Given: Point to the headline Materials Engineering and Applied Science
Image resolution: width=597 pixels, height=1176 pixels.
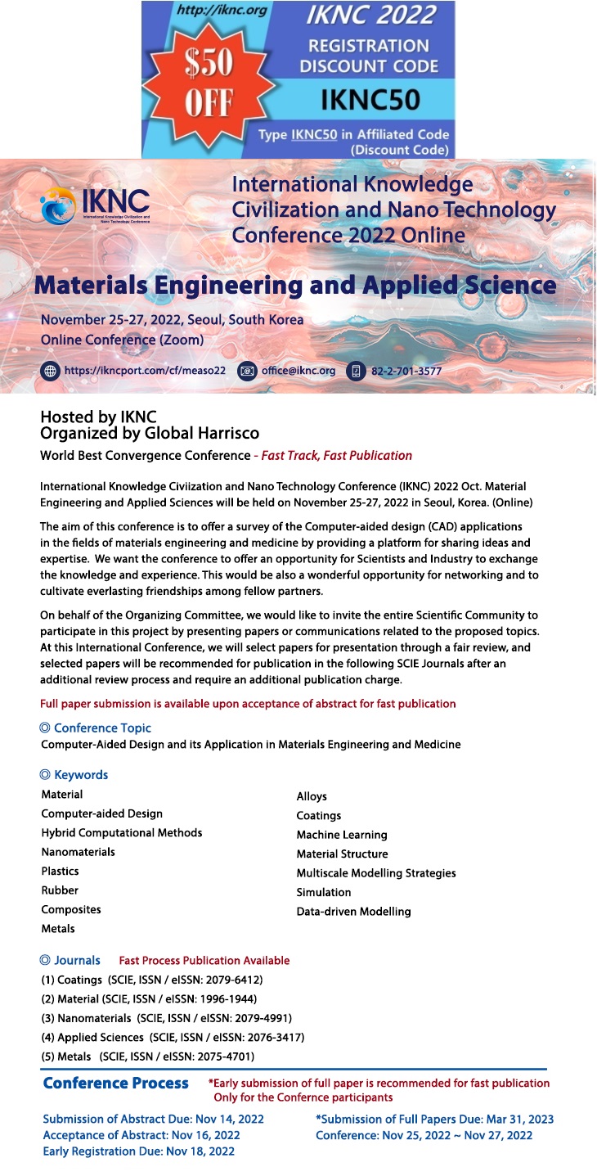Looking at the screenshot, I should pos(295,286).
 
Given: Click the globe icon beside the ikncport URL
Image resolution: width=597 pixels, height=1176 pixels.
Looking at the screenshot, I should pos(51,371).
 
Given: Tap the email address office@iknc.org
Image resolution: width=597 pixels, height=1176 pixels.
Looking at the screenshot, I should pos(298,371).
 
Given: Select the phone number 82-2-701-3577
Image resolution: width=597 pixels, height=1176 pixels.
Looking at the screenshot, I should pos(406,371).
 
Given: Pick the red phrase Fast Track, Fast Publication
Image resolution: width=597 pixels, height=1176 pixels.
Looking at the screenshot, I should pos(336,455).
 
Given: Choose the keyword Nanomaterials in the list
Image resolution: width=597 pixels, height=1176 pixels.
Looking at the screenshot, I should pos(78,852).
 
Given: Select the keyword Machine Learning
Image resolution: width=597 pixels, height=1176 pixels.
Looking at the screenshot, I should pos(342,835).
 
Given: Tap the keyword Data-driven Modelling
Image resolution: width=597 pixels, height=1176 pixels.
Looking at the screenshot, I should pos(353,911).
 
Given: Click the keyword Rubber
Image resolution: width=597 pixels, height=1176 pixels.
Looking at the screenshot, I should pos(60,890).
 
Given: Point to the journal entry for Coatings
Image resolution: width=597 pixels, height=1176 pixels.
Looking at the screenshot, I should pos(151,980).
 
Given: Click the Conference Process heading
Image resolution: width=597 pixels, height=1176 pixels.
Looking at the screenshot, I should pos(115,1083).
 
